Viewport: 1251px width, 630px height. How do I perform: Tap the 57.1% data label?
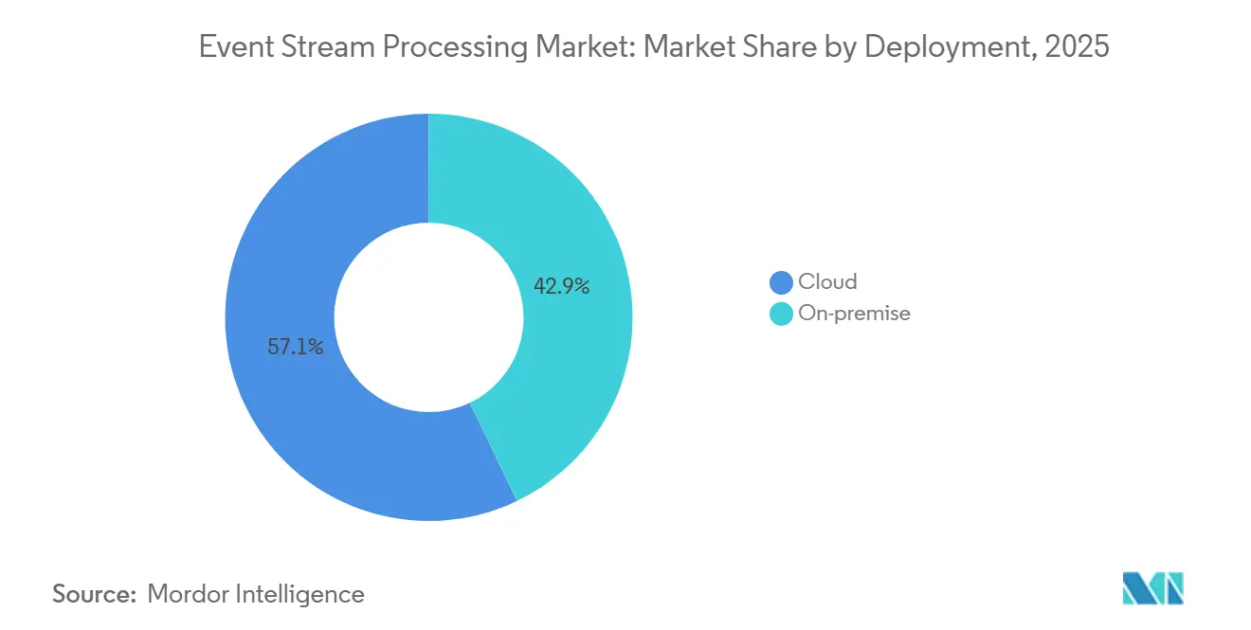(296, 348)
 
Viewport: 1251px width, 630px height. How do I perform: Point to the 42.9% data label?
(562, 286)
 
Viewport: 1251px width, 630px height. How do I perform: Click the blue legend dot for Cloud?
(781, 282)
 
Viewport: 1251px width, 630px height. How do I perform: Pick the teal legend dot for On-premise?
(781, 314)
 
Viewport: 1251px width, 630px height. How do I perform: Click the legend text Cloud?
(827, 282)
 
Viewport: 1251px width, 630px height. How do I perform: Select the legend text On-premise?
(854, 314)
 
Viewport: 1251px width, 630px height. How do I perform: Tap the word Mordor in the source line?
(189, 594)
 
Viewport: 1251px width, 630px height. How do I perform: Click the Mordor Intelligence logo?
(1152, 588)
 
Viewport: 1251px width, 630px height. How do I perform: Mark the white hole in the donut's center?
(428, 317)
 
